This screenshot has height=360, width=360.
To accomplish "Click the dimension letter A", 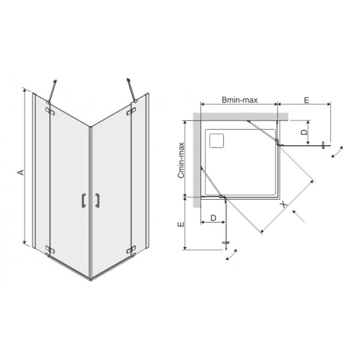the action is coord(21,172).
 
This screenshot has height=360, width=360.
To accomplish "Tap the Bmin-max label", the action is coord(239,100).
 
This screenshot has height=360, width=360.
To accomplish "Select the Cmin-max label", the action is coord(181,160).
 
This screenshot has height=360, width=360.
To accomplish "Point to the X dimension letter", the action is coord(284,204).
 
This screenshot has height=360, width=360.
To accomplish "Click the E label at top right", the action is coord(307,100).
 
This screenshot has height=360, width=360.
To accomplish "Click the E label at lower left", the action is coord(181,224).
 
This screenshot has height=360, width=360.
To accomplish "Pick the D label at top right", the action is coord(304,132).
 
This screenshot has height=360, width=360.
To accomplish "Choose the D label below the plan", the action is coord(213,218).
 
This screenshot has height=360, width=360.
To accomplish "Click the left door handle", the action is coord(83,200).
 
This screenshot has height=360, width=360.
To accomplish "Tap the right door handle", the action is coord(98,200).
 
